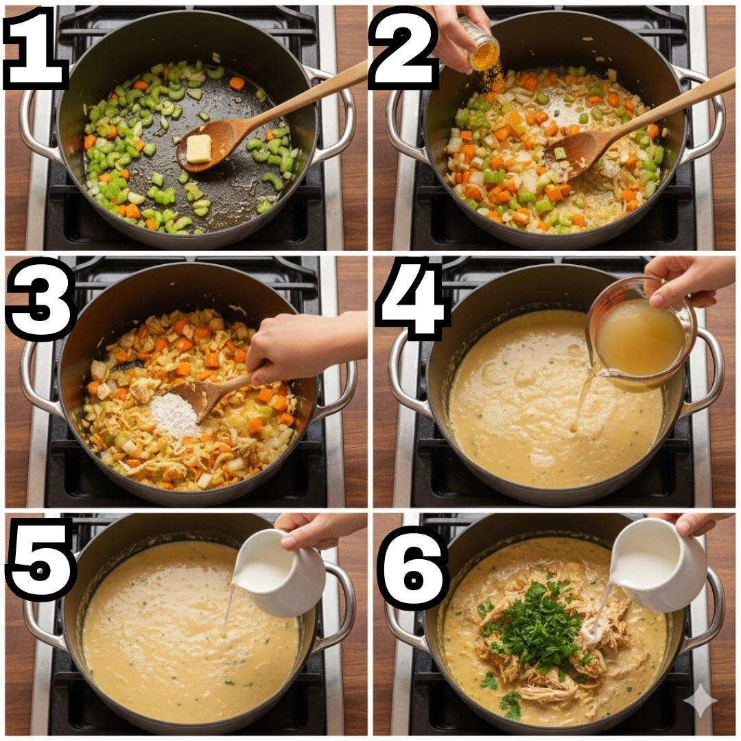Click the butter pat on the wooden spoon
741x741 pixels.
(x=198, y=148)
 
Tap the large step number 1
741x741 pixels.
(x=36, y=48)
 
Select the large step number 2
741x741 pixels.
(x=403, y=48)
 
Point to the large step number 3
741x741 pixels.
(x=41, y=298)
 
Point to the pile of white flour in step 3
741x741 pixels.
(x=175, y=415)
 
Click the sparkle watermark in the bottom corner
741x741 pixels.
(x=701, y=701)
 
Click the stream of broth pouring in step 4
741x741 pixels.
(x=583, y=401)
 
